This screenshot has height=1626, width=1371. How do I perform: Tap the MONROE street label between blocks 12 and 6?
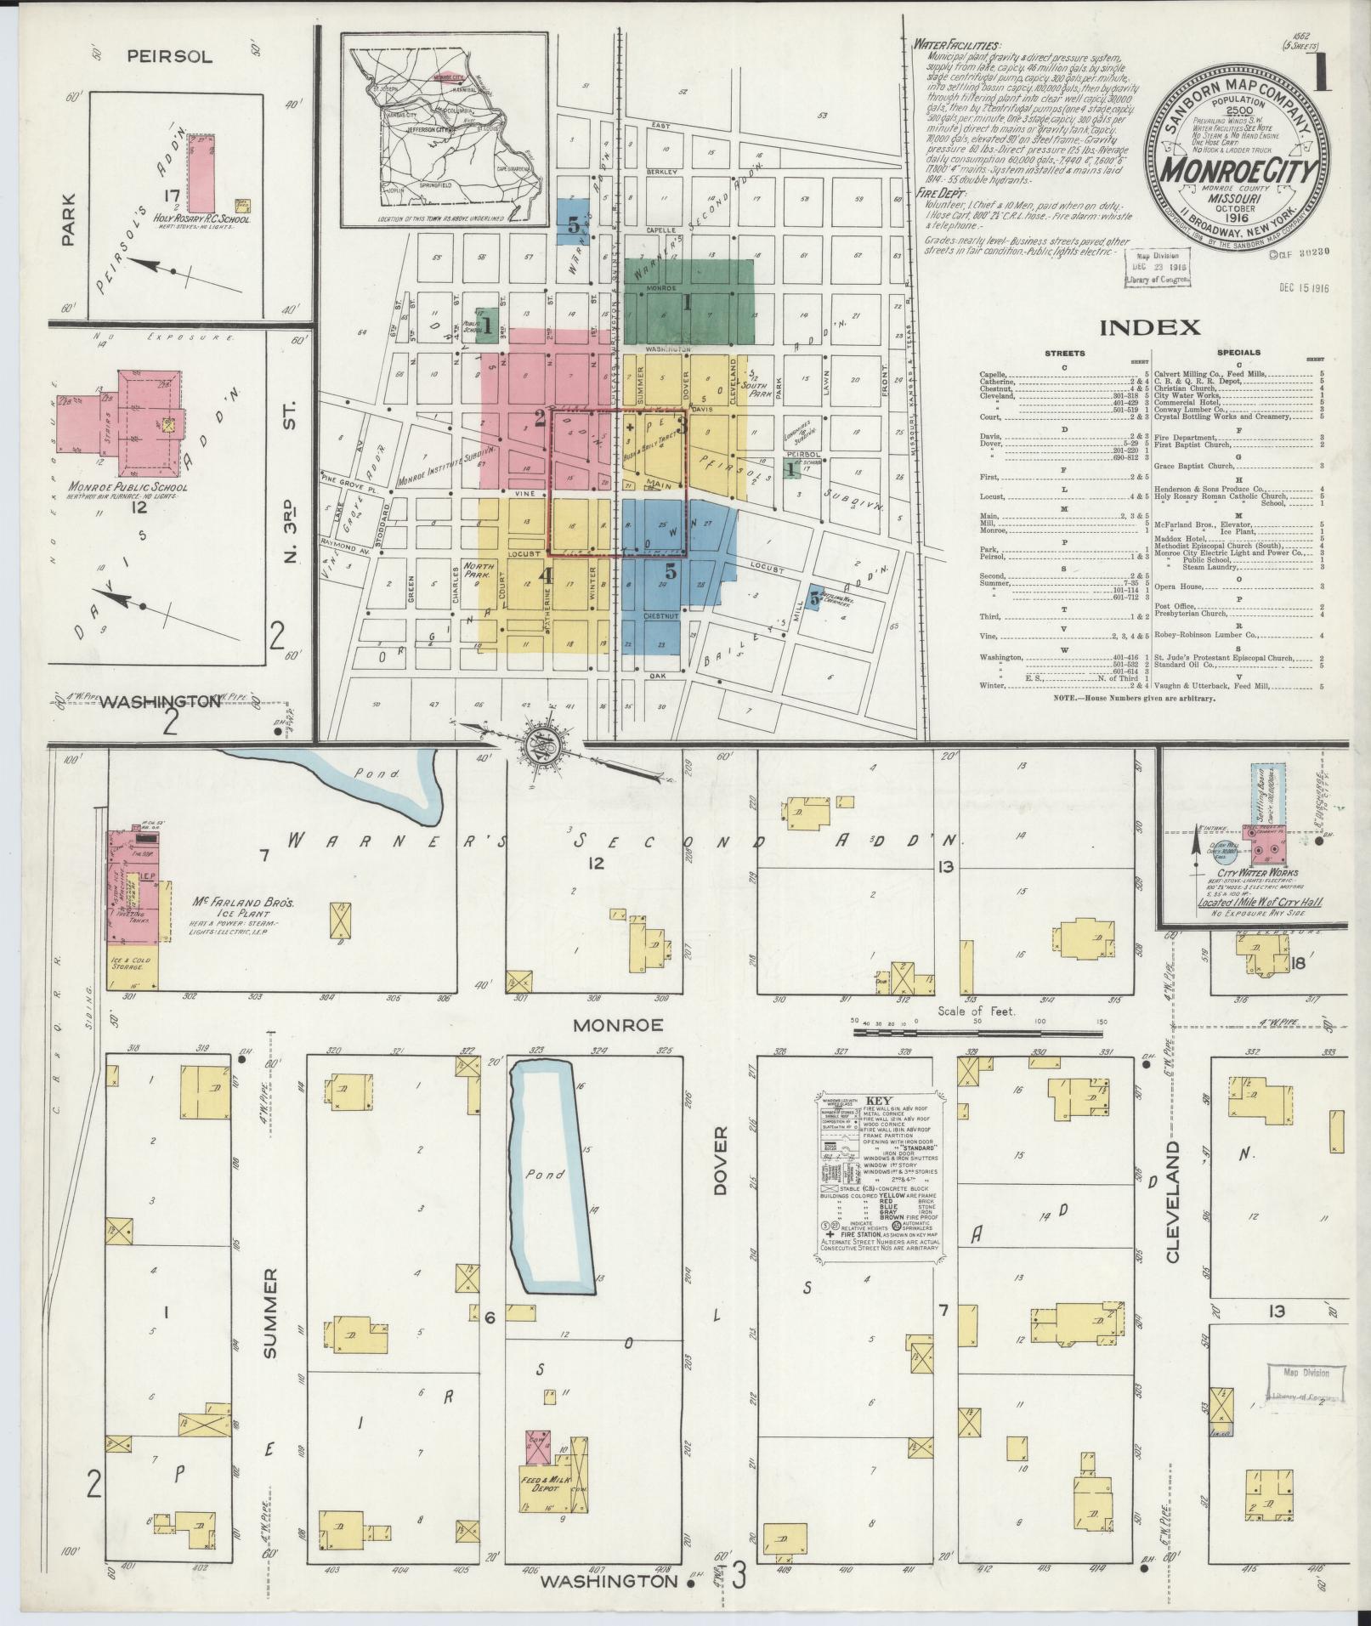click(617, 1024)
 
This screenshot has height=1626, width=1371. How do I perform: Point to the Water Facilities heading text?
click(956, 45)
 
